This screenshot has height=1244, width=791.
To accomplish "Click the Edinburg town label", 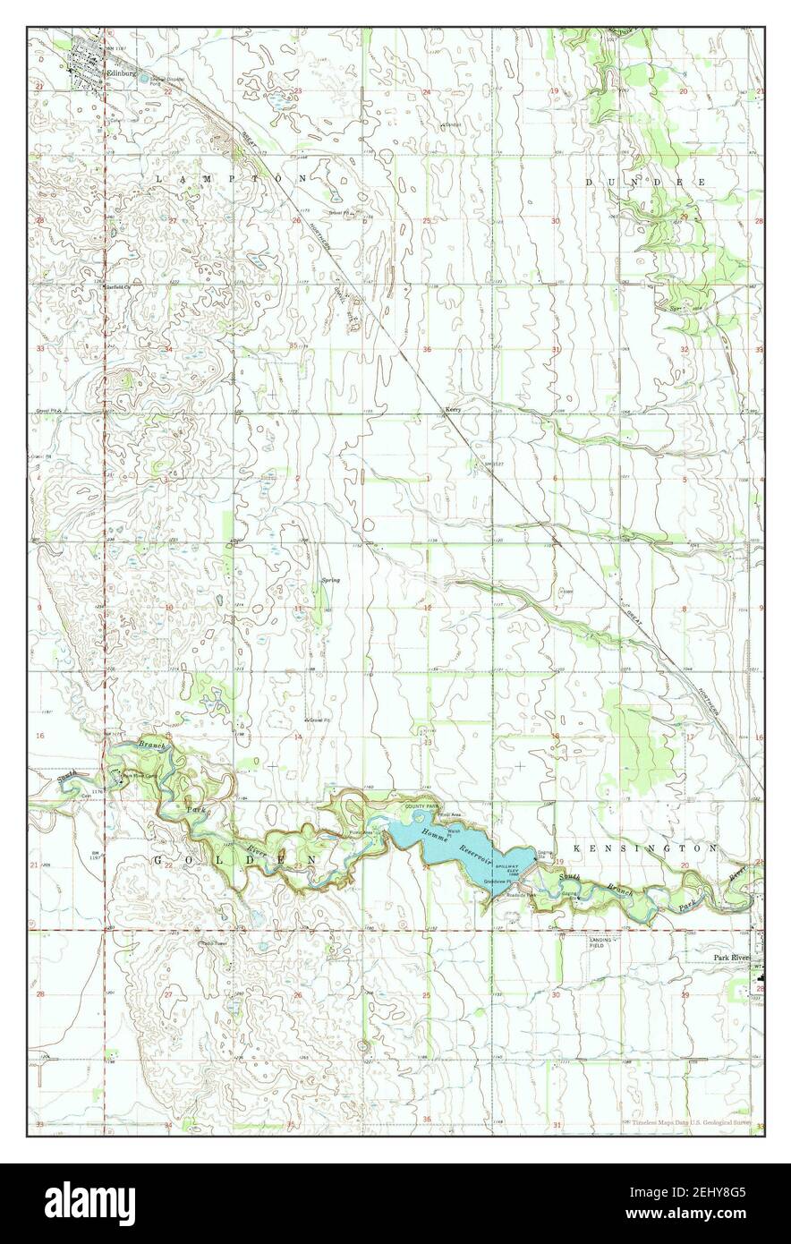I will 120,73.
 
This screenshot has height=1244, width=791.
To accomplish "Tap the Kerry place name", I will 452,408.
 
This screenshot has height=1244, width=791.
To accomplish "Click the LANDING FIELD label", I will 605,942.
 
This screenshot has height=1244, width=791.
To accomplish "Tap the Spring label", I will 330,581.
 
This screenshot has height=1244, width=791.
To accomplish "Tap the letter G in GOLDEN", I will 158,860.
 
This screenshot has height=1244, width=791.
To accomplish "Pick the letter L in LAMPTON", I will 160,180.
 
